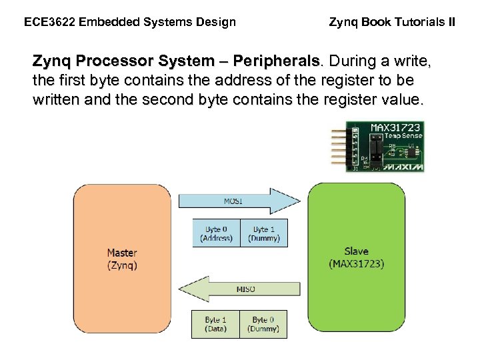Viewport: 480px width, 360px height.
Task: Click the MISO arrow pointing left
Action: coord(239,289)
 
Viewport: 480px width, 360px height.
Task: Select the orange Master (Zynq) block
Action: coord(122,259)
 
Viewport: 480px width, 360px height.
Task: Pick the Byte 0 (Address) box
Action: coord(216,233)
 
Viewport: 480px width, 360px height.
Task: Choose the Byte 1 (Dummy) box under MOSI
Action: coord(264,233)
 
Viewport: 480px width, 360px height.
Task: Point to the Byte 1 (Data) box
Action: coord(216,324)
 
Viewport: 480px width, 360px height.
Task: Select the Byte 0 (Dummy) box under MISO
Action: coord(264,324)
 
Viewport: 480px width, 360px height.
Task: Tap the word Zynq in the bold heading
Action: coord(52,62)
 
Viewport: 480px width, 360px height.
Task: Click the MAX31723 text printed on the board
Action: coord(395,127)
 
